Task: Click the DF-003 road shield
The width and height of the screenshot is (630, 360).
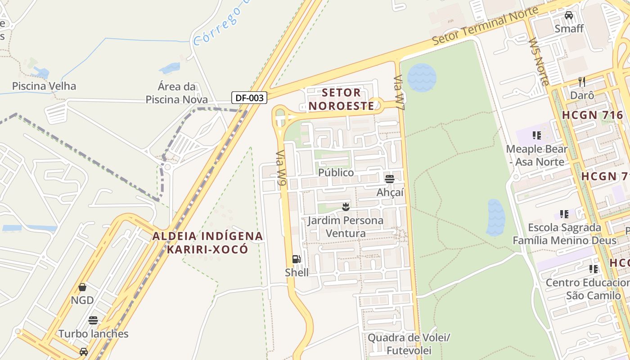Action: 249,98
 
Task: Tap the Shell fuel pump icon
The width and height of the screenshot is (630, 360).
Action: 296,259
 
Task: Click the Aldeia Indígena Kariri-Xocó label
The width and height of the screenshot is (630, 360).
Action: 207,243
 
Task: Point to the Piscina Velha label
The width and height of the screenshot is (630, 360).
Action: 44,86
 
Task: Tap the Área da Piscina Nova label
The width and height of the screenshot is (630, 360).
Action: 176,93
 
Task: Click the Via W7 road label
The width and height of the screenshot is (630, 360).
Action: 400,91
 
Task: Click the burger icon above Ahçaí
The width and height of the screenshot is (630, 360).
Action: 390,179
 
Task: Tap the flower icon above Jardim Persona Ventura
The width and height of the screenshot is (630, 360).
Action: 346,207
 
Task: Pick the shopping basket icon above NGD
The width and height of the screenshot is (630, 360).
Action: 82,287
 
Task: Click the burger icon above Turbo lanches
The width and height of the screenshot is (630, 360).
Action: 93,320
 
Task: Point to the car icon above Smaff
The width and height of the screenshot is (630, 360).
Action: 569,15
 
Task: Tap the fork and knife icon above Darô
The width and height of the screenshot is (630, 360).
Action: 582,82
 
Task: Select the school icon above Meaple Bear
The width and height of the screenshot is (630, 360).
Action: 536,135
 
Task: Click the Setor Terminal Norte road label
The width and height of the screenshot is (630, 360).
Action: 485,26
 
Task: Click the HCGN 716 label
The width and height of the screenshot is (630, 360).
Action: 592,115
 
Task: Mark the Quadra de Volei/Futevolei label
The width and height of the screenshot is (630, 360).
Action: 409,344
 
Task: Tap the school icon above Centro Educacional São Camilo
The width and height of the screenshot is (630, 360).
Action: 594,269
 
